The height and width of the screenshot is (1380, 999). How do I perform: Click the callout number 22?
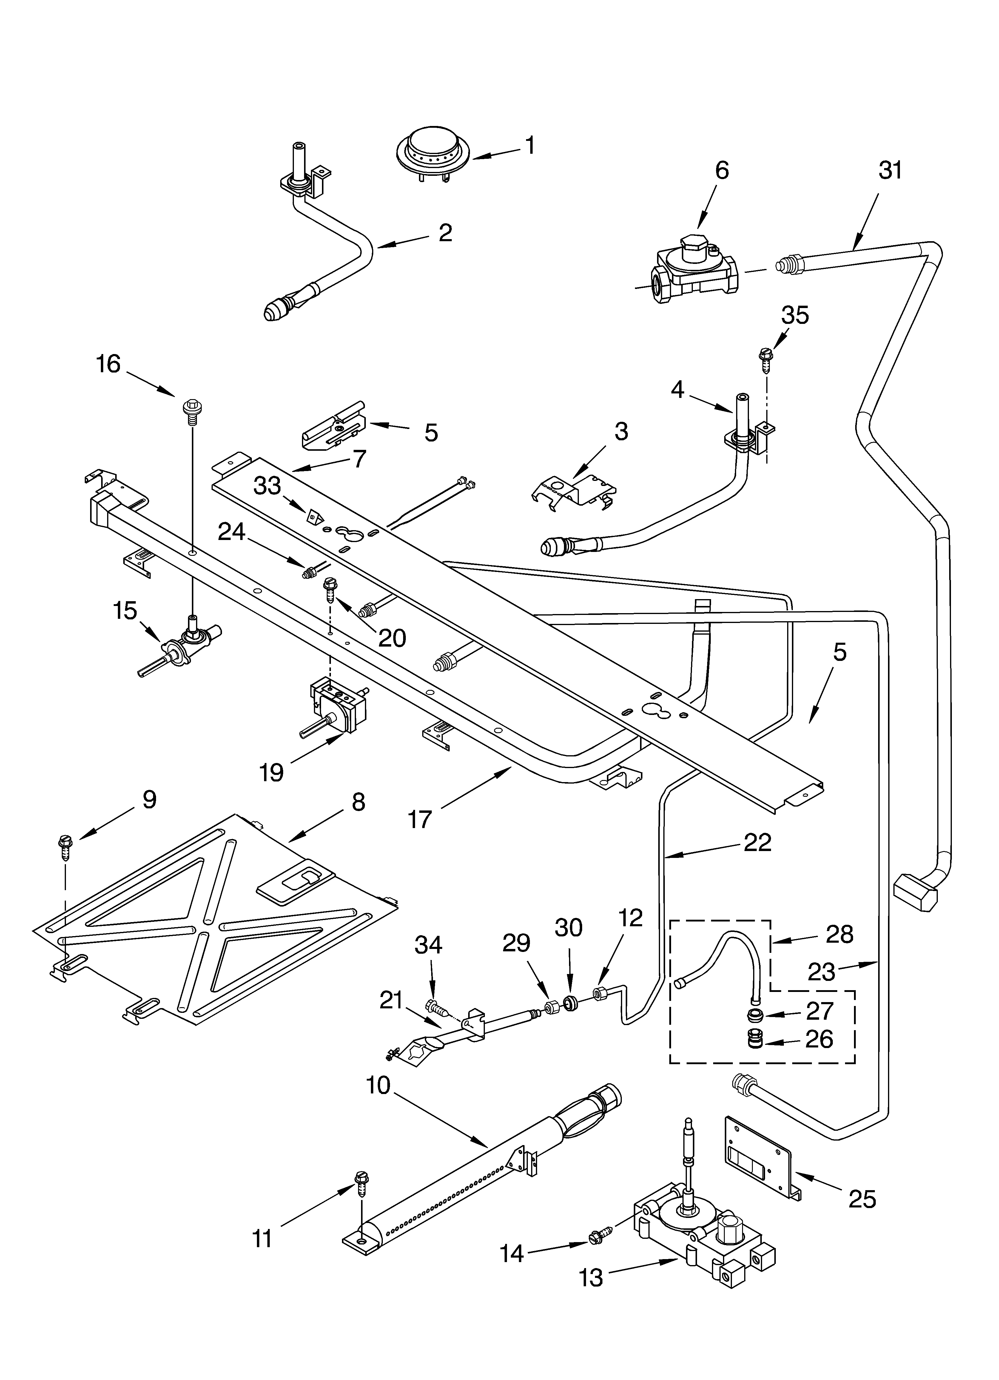pos(758,843)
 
